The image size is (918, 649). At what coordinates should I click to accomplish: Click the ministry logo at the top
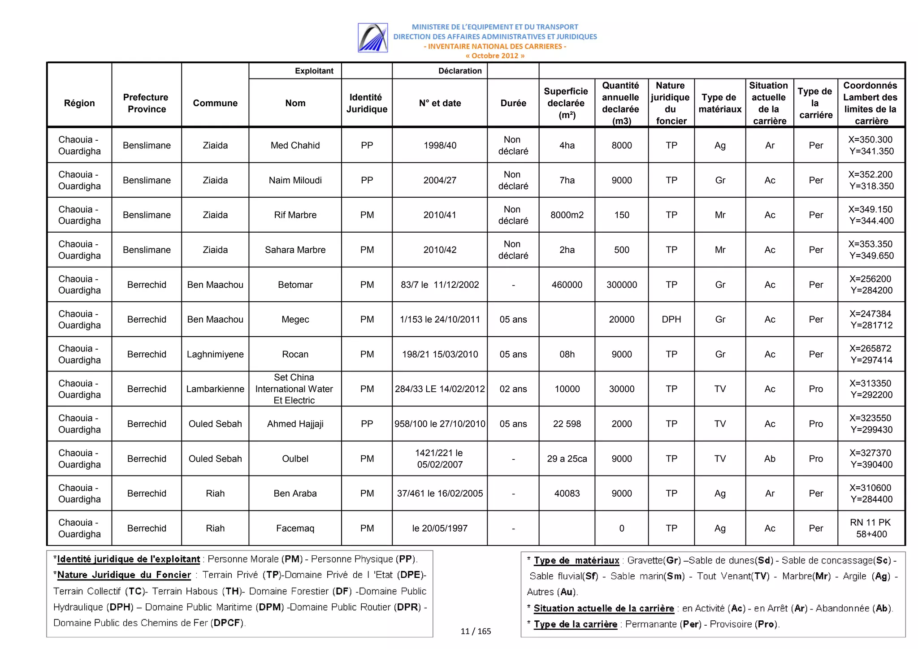pos(372,38)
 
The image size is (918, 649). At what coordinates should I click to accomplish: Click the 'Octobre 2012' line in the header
pos(494,56)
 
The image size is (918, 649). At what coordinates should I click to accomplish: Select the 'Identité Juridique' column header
pos(366,103)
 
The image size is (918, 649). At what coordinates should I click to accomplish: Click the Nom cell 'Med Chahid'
pos(295,145)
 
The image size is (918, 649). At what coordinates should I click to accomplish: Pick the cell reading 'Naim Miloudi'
pos(295,180)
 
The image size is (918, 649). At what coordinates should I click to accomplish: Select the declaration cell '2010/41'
pos(439,215)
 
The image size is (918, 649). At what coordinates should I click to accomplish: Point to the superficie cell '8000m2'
pos(567,215)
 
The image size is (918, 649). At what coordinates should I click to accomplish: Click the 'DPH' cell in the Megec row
pos(671,319)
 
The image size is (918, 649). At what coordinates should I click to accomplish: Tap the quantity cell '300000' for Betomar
pos(621,285)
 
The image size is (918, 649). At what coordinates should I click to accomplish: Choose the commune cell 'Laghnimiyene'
pos(215,354)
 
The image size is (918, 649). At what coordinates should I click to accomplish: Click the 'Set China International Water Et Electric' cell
pos(294,389)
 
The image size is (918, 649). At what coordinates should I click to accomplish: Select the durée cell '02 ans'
pos(513,389)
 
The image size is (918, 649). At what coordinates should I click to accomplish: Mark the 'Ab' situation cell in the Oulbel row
pos(769,459)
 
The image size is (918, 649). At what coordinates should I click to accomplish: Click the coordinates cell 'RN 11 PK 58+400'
pos(870,528)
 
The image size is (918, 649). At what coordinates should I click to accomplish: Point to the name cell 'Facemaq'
pos(295,528)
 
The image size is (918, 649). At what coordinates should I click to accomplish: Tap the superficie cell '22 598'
pos(567,424)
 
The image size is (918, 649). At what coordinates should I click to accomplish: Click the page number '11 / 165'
pos(475,631)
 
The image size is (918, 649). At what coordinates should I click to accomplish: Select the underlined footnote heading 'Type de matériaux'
pos(576,560)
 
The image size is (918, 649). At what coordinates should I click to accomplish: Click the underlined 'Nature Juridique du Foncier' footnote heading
pos(124,575)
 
